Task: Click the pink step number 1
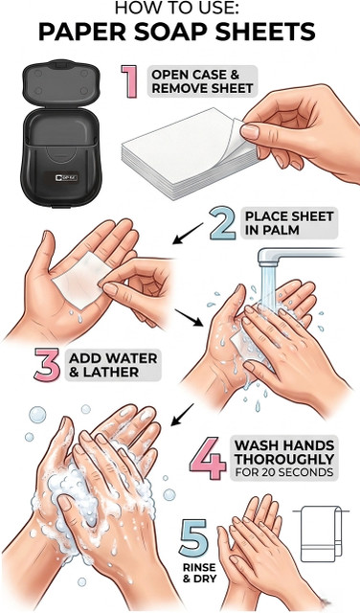[x=129, y=81]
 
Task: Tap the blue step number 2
[x=223, y=223]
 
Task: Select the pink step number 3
[x=47, y=364]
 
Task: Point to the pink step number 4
[x=209, y=459]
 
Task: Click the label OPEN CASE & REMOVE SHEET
[x=202, y=81]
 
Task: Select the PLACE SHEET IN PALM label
[x=289, y=223]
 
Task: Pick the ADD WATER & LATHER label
[x=113, y=365]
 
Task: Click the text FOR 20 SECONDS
[x=284, y=472]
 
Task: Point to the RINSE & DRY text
[x=199, y=572]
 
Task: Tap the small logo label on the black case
[x=66, y=178]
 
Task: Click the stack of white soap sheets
[x=188, y=153]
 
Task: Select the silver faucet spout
[x=297, y=257]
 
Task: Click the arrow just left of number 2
[x=188, y=234]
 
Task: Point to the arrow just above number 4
[x=182, y=415]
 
